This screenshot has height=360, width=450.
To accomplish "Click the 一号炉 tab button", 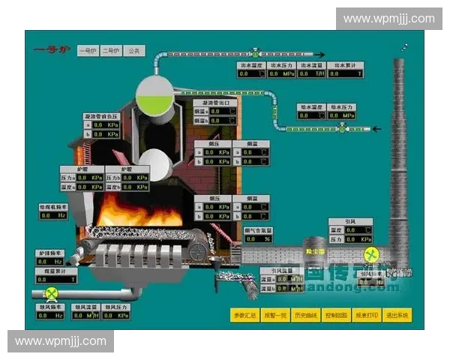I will click(x=88, y=51).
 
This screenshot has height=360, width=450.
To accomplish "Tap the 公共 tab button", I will click(x=134, y=51).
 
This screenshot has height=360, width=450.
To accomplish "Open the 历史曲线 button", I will click(x=306, y=315).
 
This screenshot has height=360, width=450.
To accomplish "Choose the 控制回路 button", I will click(x=336, y=315).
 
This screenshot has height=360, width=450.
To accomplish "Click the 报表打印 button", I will click(x=367, y=315).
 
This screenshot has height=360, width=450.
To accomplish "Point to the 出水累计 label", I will click(x=345, y=65).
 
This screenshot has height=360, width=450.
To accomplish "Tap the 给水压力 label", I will click(x=341, y=107).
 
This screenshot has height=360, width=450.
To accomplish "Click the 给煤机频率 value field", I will click(x=52, y=215).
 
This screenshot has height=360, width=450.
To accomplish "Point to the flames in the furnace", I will click(x=139, y=211).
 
